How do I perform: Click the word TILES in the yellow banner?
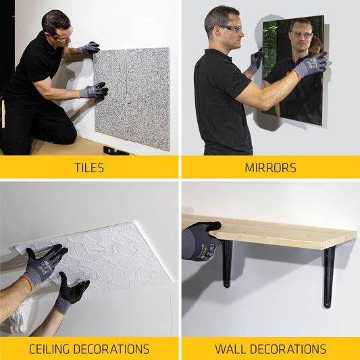pos(89,167)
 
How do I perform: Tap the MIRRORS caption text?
pos(270,167)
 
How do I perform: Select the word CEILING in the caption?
pos(55,349)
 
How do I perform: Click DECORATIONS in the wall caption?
pos(290,349)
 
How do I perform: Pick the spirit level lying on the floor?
pos(115,151)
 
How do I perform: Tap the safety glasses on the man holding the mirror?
pos(230,29)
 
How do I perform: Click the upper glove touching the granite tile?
pos(89,49)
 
